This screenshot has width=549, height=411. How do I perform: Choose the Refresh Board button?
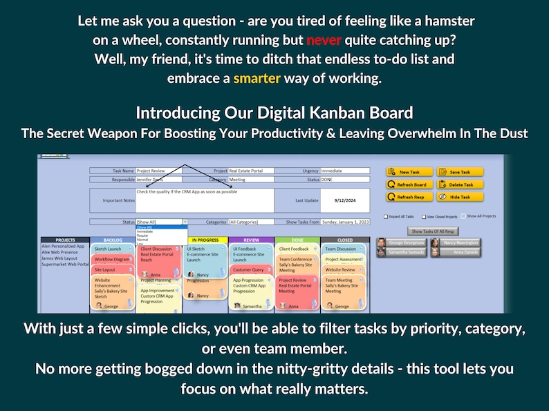click(x=409, y=184)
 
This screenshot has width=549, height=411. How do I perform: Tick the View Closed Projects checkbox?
click(x=422, y=216)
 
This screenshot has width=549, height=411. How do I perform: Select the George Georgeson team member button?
click(x=401, y=243)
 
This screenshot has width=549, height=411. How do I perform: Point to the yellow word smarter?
click(x=257, y=78)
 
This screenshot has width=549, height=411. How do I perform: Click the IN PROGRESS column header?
click(x=206, y=240)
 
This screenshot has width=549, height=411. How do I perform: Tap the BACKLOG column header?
click(x=112, y=240)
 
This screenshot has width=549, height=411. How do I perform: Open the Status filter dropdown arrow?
click(x=185, y=222)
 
